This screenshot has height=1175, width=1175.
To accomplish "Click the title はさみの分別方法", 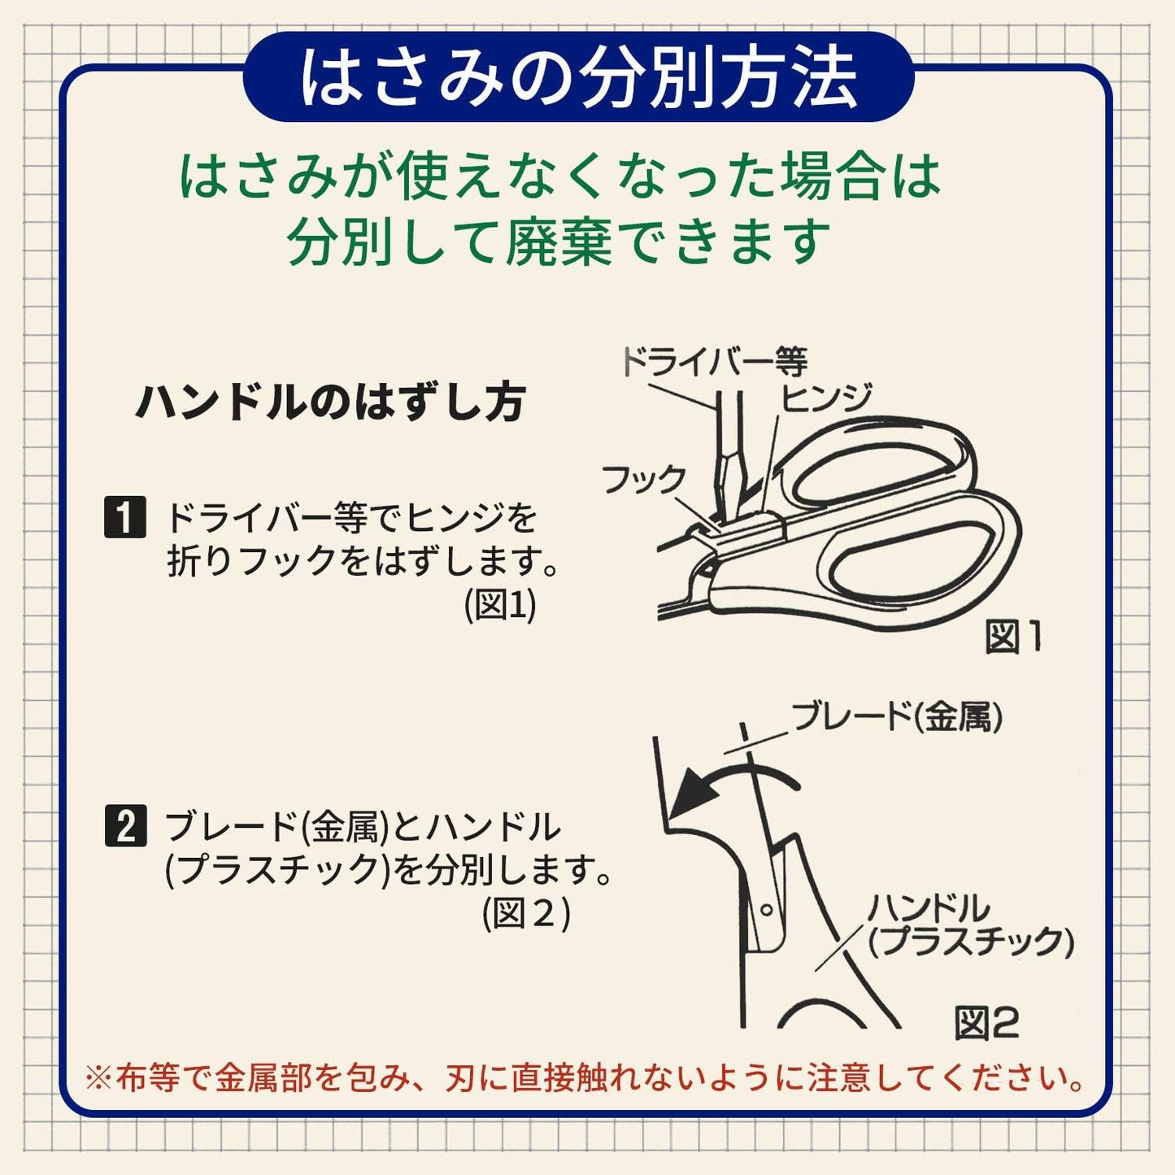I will click(x=579, y=79).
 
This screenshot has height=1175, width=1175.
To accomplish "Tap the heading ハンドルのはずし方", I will click(x=330, y=402).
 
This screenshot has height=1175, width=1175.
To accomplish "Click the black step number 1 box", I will click(x=125, y=517).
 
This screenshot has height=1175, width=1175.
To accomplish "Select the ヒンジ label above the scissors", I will click(x=826, y=398).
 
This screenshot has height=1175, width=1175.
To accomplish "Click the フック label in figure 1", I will click(x=643, y=480).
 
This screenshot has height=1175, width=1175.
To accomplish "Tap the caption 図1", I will click(x=1012, y=637).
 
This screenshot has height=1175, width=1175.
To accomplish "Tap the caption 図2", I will click(x=986, y=1023).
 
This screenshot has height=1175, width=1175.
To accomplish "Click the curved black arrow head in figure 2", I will click(x=687, y=793).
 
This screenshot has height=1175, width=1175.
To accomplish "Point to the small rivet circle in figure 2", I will click(x=765, y=909).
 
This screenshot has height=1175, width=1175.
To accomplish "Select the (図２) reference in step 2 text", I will click(x=526, y=914).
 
